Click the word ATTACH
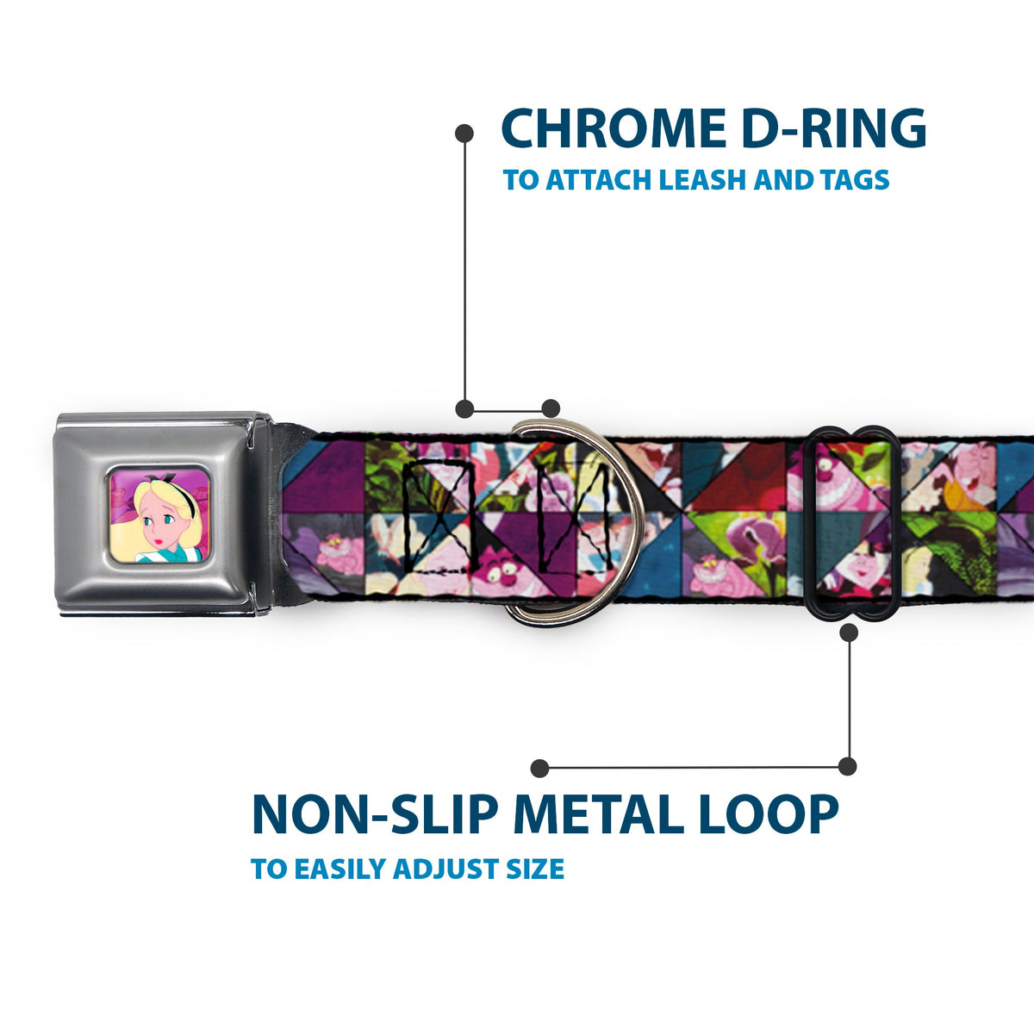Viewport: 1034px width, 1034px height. pyautogui.click(x=597, y=180)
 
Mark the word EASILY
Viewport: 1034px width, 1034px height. pyautogui.click(x=340, y=869)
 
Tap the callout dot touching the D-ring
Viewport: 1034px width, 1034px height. pyautogui.click(x=551, y=408)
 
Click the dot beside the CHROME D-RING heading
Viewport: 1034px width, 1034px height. pyautogui.click(x=464, y=133)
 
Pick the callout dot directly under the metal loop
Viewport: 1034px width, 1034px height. pyautogui.click(x=850, y=632)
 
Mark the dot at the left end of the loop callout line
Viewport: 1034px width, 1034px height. pyautogui.click(x=540, y=768)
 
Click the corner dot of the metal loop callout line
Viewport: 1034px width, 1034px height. pyautogui.click(x=848, y=766)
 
